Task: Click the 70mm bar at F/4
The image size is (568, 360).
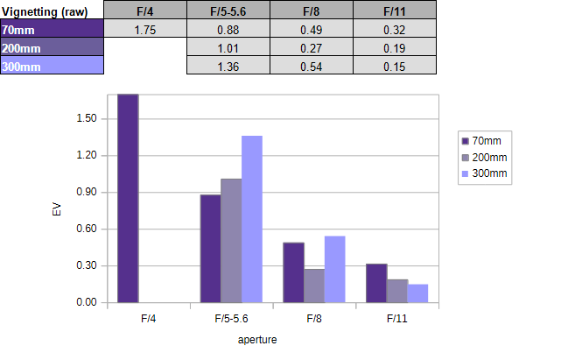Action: (x=128, y=198)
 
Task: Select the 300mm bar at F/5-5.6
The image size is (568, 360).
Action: (x=251, y=219)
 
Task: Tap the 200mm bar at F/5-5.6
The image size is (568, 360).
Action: (x=231, y=240)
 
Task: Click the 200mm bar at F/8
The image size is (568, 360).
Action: (x=314, y=286)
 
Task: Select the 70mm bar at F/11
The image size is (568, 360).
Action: (x=376, y=283)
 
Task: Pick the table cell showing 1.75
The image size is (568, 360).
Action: (x=145, y=29)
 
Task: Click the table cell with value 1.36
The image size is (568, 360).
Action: (x=228, y=66)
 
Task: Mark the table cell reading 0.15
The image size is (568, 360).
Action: (x=395, y=66)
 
